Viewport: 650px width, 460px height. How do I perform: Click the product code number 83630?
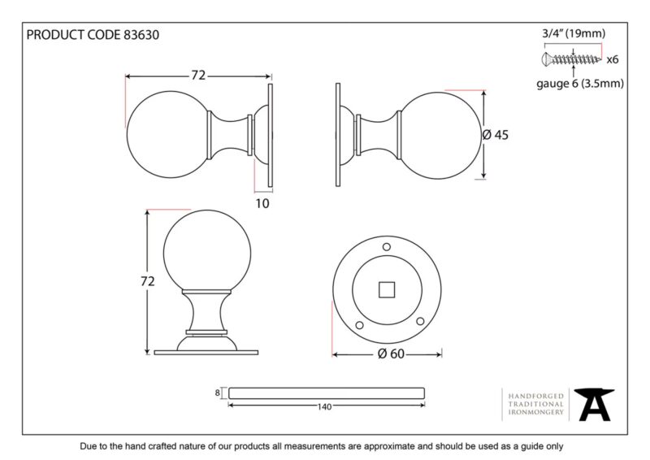(x=141, y=35)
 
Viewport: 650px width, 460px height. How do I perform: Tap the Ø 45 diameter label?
(x=496, y=135)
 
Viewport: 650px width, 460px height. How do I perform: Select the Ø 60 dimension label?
(x=391, y=354)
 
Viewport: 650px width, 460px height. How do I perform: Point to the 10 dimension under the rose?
(x=262, y=203)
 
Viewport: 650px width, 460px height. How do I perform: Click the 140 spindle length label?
(x=324, y=407)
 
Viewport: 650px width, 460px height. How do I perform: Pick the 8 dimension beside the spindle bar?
(x=217, y=393)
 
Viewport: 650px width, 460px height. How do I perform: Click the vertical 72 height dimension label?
(x=148, y=281)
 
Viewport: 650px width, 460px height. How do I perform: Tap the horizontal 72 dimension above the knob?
(x=198, y=75)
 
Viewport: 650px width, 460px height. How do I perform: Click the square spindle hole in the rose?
(x=387, y=290)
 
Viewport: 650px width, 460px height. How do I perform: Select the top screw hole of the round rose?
(x=387, y=247)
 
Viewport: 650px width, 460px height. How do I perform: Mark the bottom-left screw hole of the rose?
(x=359, y=325)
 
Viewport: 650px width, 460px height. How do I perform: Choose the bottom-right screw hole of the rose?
(x=420, y=321)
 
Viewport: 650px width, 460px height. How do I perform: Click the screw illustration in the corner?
(x=571, y=59)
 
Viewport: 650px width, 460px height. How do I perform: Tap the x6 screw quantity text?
(x=613, y=59)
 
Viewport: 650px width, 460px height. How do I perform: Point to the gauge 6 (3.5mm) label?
(x=580, y=84)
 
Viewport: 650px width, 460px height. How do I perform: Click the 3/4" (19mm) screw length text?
(x=574, y=33)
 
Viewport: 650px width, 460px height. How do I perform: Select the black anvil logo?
(x=594, y=405)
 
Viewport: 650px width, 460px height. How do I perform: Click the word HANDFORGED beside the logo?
(x=536, y=396)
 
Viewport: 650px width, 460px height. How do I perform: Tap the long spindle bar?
(x=327, y=393)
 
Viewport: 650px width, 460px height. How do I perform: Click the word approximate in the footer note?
(x=389, y=447)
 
